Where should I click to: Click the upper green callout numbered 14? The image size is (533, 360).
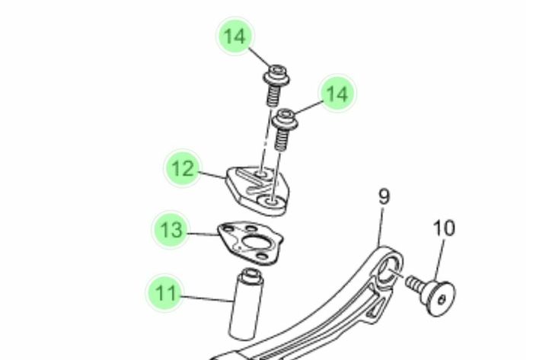click(235, 36)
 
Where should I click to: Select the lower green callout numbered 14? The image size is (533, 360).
click(337, 93)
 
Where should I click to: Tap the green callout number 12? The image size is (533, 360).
click(183, 168)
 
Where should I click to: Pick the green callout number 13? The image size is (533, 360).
click(171, 230)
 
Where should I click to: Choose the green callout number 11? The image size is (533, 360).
click(165, 293)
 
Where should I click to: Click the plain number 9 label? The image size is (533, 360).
click(384, 196)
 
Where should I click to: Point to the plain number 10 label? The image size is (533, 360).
click(444, 228)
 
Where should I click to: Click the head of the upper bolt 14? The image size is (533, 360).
click(276, 75)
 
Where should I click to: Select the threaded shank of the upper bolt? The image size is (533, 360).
click(273, 96)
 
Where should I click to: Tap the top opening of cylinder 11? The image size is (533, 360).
click(251, 272)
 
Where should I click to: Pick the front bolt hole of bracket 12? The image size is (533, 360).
click(272, 202)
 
